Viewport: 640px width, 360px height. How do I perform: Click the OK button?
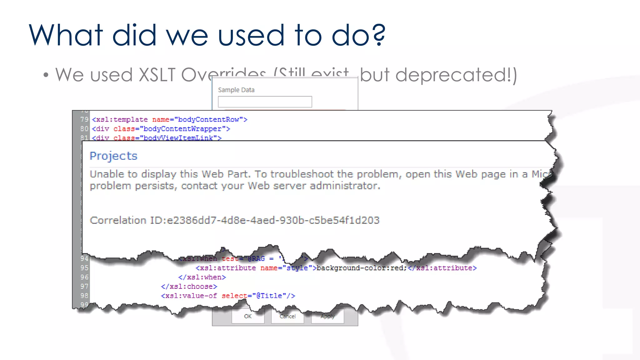point(248,316)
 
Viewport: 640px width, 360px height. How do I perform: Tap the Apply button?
point(327,316)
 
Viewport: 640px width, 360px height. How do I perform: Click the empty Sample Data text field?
point(265,102)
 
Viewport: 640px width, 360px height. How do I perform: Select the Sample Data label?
point(236,90)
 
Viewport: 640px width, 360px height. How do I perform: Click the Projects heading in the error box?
point(113,156)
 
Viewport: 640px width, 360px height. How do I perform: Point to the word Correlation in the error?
point(118,220)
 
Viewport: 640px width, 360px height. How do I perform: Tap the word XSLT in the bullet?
point(157,75)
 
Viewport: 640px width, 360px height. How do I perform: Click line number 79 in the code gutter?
point(84,119)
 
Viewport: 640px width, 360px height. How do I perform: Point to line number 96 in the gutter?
point(84,277)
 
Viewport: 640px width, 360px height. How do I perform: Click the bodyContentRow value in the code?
point(208,119)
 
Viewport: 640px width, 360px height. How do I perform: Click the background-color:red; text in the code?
point(361,268)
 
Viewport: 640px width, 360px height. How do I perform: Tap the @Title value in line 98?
point(269,296)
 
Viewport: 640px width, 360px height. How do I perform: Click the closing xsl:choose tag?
point(189,287)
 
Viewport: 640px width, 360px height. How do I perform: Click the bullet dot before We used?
point(46,75)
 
